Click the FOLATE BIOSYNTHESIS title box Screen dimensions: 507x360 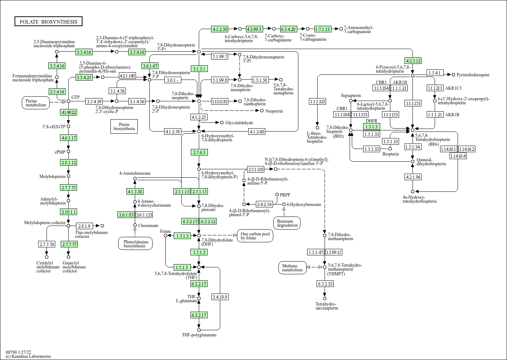tap(48, 21)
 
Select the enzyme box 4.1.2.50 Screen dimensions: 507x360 tap(220, 29)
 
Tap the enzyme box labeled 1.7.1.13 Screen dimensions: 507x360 tap(322, 29)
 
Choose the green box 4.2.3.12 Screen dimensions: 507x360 tap(413, 61)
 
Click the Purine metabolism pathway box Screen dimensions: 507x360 tap(36, 103)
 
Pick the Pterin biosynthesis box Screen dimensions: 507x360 tap(124, 126)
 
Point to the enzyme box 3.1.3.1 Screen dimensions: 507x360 tap(199, 69)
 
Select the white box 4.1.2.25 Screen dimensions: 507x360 tap(199, 117)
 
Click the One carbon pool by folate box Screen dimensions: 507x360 tap(255, 236)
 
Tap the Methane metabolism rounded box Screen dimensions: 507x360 tap(292, 268)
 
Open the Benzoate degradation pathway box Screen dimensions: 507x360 tap(287, 223)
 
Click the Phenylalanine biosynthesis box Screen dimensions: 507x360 tap(135, 244)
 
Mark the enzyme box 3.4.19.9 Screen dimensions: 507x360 tap(220, 297)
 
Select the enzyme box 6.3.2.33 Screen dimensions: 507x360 tap(325, 284)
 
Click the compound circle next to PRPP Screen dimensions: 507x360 tap(277, 195)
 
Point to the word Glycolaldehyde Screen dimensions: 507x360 tap(239, 123)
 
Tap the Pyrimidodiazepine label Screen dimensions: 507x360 tap(473, 75)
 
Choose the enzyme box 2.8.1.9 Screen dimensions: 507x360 tap(84, 226)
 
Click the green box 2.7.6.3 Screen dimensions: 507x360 tap(199, 152)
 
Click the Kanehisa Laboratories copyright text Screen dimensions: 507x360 tap(28, 356)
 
